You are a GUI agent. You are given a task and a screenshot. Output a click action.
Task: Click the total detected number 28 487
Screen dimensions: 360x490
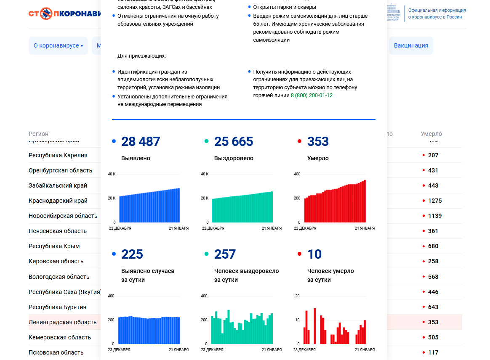(x=141, y=142)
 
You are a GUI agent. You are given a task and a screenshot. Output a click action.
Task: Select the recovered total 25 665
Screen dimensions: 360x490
(x=234, y=142)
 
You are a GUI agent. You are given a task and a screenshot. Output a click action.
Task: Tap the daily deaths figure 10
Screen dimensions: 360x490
(x=314, y=254)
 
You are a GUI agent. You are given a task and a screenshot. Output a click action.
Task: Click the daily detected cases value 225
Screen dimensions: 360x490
(x=132, y=254)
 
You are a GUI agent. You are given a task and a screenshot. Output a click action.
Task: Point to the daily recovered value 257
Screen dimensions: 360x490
(x=225, y=254)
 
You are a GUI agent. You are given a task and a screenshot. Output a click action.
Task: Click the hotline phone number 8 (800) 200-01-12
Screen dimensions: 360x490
(x=312, y=95)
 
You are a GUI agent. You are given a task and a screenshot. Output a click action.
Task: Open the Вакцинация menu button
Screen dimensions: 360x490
(x=411, y=45)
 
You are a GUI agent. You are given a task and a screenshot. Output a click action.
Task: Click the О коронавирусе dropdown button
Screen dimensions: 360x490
(x=58, y=45)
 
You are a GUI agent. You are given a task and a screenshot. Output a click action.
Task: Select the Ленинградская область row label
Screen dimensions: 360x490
(x=62, y=322)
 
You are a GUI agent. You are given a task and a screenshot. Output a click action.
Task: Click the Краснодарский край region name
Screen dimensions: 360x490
(x=58, y=201)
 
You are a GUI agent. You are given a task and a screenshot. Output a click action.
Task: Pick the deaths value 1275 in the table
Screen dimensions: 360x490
(x=435, y=201)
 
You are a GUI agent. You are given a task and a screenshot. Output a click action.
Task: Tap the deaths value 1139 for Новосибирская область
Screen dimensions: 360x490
(x=435, y=216)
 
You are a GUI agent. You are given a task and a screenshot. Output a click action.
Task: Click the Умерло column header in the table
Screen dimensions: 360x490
(x=431, y=134)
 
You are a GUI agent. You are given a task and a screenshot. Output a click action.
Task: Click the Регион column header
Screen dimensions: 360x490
(x=38, y=134)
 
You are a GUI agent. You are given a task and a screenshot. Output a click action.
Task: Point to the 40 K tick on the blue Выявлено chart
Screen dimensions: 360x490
(x=112, y=174)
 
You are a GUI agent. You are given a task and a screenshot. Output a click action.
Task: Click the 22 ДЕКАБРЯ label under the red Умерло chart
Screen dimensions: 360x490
(x=305, y=228)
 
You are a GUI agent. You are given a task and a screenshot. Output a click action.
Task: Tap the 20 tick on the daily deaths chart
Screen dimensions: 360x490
(x=297, y=296)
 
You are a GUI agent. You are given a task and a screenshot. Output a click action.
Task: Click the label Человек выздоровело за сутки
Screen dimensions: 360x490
(x=246, y=275)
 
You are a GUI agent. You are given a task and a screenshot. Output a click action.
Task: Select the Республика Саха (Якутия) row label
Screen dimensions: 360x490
(x=65, y=292)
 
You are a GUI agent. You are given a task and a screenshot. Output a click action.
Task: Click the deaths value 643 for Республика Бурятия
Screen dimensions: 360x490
(x=433, y=307)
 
